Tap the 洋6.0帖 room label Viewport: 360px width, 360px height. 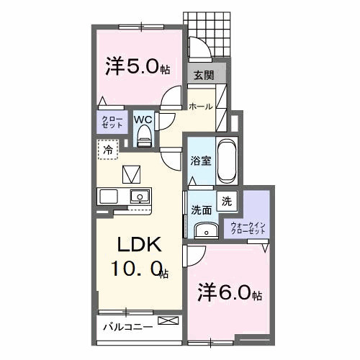click(x=230, y=293)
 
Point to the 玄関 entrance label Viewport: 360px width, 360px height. click(x=202, y=75)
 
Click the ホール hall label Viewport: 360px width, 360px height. click(x=200, y=106)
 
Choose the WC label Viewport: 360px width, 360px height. click(x=143, y=119)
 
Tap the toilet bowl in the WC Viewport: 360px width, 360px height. click(x=143, y=134)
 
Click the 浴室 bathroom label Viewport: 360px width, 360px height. click(x=200, y=161)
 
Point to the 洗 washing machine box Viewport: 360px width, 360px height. click(x=226, y=202)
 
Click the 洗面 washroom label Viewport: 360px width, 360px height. click(x=201, y=210)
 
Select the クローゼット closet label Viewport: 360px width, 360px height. click(x=112, y=121)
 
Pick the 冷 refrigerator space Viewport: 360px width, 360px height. click(x=107, y=150)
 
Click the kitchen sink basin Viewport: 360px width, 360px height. click(x=138, y=196)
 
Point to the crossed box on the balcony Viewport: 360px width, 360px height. click(x=166, y=320)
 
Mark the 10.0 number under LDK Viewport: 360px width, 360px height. click(x=137, y=272)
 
